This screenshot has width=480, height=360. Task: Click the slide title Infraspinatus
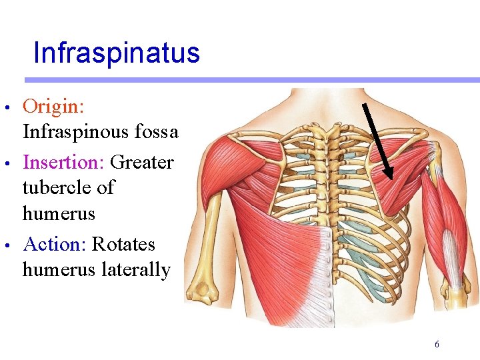tap(116, 53)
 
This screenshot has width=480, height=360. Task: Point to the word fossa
tap(156, 132)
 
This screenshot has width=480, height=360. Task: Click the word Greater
tap(142, 162)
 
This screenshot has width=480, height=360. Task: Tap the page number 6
tap(437, 345)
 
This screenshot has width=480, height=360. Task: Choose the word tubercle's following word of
tap(106, 188)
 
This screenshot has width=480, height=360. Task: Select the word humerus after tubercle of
tap(59, 214)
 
